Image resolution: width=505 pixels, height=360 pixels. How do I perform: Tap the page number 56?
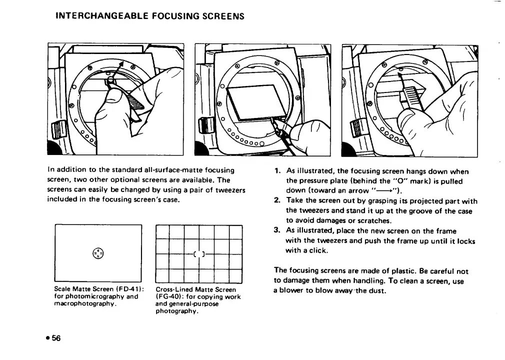[54, 338]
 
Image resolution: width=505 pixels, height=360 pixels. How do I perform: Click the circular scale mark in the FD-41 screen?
[98, 253]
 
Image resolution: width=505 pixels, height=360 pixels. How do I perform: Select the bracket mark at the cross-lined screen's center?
[199, 254]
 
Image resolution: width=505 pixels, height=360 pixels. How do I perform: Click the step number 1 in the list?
[276, 171]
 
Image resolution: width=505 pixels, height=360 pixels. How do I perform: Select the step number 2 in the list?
[276, 201]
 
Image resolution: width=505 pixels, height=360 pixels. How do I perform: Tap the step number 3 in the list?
[276, 230]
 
